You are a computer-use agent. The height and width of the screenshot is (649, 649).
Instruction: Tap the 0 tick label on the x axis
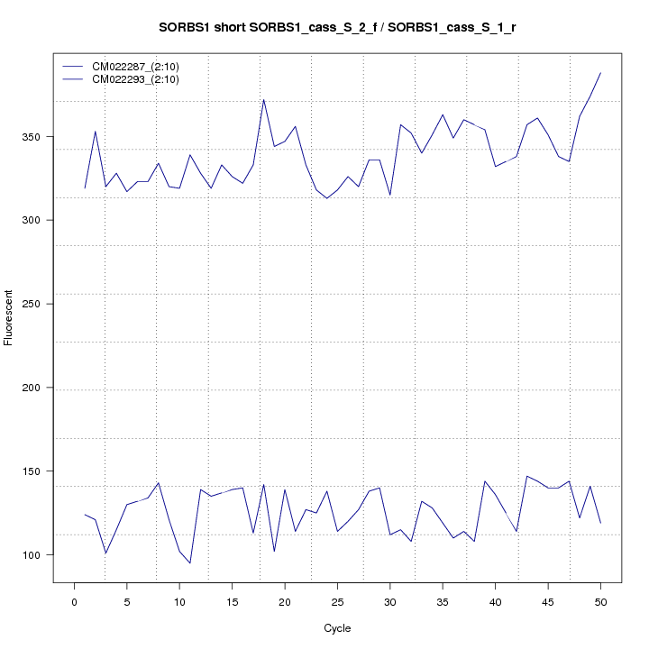74,601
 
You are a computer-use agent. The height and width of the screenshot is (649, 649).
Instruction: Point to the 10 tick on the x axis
179,601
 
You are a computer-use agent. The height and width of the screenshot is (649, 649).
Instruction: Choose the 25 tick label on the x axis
337,601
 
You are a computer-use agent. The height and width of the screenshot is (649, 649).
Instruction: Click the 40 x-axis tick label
495,601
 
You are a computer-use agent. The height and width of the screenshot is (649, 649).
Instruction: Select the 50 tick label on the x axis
600,601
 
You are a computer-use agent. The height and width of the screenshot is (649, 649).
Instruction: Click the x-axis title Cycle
337,628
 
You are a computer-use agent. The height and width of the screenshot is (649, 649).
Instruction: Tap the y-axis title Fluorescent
10,317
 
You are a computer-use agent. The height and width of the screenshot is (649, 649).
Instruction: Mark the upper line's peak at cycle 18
263,99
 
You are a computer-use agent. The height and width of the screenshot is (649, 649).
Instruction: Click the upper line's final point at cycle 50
600,73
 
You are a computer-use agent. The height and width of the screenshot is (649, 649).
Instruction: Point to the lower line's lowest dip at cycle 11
190,563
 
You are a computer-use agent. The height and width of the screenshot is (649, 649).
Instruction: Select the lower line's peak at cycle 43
526,476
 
